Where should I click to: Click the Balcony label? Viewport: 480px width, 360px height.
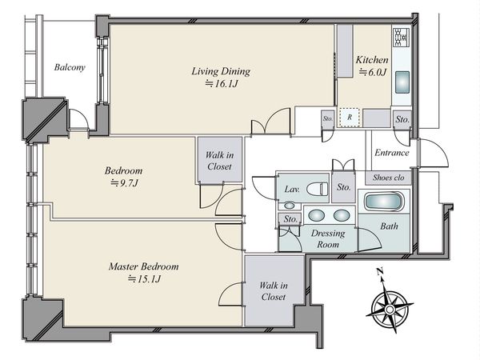(70, 67)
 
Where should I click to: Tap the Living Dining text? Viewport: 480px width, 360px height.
(221, 72)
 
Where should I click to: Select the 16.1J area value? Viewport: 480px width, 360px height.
(221, 84)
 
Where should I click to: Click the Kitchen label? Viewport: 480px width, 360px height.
(372, 60)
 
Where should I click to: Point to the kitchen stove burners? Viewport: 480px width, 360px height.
(401, 37)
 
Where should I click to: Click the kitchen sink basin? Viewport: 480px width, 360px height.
(402, 82)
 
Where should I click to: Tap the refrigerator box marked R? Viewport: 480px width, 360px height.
(350, 117)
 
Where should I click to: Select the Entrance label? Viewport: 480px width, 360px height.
(392, 153)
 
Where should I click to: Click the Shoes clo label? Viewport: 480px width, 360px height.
(389, 178)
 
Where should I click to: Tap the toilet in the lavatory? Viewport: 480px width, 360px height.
(317, 189)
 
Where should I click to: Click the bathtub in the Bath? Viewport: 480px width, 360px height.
(384, 202)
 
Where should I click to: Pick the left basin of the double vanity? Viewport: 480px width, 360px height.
(316, 215)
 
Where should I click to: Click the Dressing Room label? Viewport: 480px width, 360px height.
(328, 239)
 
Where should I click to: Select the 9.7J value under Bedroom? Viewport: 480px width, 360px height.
(124, 183)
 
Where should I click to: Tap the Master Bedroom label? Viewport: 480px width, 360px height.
(143, 266)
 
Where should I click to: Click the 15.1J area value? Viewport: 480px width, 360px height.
(144, 279)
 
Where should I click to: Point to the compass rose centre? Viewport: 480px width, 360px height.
(390, 309)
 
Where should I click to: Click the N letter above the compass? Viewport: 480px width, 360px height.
(380, 271)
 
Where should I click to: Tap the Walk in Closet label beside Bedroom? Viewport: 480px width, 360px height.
(219, 161)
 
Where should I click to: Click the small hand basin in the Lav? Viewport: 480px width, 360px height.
(290, 205)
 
